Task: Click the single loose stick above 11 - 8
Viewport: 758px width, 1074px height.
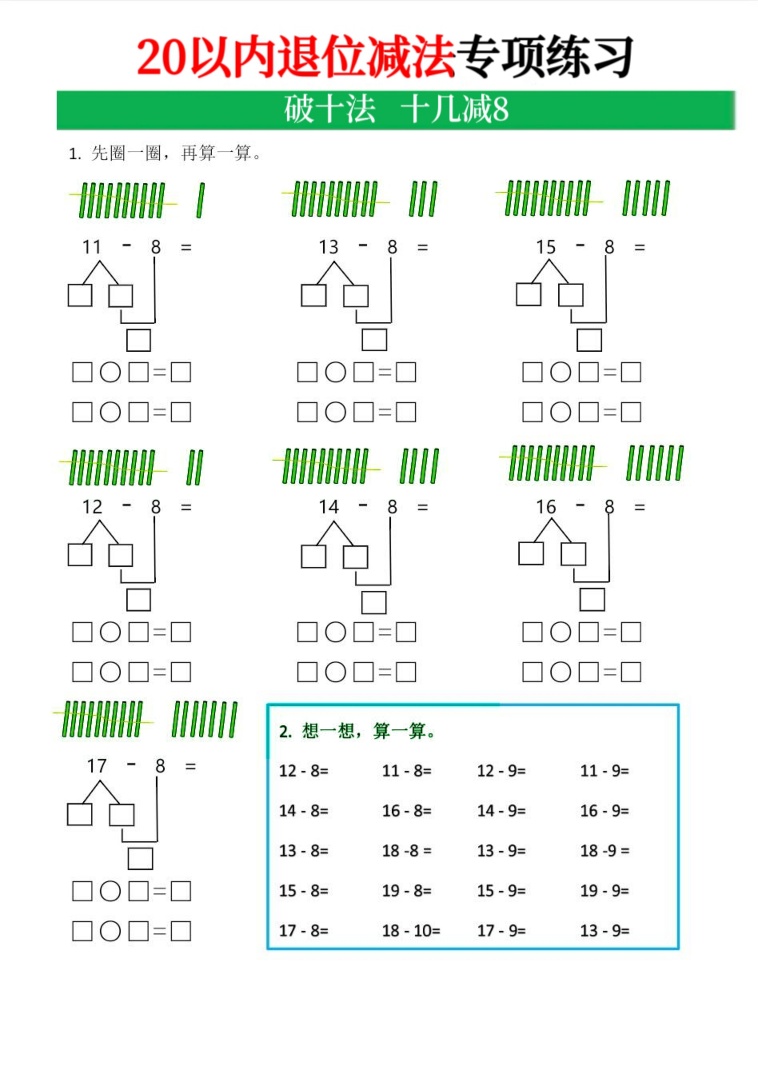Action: (201, 200)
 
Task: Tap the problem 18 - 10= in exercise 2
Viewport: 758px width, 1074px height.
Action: (411, 930)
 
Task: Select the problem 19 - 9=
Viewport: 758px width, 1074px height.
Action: (604, 890)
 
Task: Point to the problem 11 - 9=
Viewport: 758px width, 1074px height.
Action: (604, 771)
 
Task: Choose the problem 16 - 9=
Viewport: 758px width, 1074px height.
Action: (604, 810)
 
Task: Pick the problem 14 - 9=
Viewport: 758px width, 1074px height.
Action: (501, 810)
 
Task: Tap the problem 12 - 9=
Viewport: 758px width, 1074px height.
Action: (501, 771)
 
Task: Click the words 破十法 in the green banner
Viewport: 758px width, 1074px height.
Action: (330, 109)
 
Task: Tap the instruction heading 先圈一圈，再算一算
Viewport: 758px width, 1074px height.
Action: (172, 154)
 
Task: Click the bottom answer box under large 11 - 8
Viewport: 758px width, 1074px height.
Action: (139, 340)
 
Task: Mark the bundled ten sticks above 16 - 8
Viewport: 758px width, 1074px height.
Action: (552, 463)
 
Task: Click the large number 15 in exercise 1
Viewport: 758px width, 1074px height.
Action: (546, 247)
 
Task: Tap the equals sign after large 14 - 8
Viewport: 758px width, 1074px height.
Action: (423, 507)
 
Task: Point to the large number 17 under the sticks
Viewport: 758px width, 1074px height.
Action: (97, 766)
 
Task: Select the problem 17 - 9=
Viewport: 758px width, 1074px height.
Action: (501, 930)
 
